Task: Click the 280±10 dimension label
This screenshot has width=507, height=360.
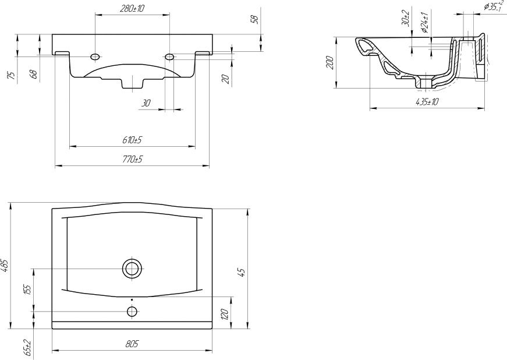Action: click(132, 8)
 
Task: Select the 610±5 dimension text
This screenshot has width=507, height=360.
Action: click(133, 140)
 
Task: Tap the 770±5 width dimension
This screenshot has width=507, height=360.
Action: click(132, 159)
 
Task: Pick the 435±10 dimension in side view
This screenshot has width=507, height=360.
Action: click(427, 102)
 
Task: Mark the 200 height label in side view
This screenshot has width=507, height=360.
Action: click(329, 62)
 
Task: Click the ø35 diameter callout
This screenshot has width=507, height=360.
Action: click(494, 6)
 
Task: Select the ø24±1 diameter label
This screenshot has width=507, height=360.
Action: click(425, 22)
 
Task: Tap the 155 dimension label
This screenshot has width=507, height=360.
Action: click(28, 290)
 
